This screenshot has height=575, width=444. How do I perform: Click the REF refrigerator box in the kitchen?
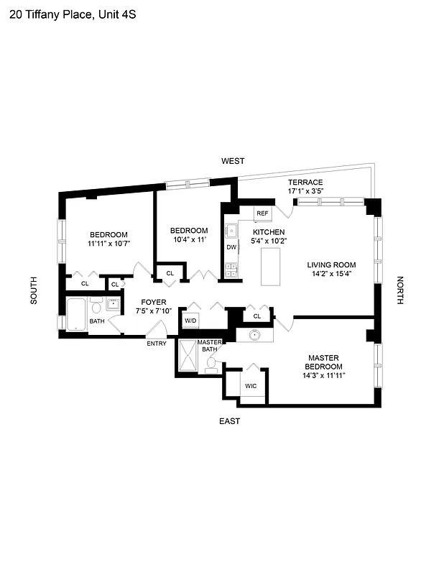[262, 213]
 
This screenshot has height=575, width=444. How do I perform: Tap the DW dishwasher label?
[231, 247]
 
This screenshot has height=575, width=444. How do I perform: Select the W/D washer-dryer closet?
[190, 321]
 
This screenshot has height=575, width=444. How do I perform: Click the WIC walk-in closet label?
[251, 386]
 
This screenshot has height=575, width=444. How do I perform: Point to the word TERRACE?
[305, 183]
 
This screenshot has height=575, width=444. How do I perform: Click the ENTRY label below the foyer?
[157, 344]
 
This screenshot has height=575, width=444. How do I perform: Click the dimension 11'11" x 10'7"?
[108, 244]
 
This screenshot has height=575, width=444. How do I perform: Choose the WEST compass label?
[233, 161]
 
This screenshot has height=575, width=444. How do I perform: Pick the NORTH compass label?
[401, 291]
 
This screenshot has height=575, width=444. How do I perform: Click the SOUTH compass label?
[34, 291]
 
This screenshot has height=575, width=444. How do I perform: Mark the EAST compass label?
[229, 421]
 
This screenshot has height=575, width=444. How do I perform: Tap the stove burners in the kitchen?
[232, 270]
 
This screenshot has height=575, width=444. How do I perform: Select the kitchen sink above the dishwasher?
[232, 231]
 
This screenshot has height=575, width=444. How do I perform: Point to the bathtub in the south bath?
[75, 313]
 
